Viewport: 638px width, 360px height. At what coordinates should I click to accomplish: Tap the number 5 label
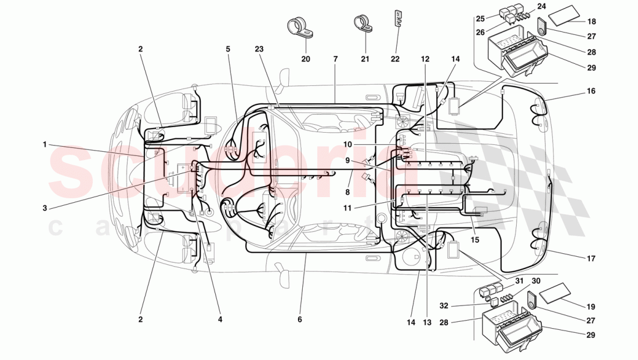tap(229, 49)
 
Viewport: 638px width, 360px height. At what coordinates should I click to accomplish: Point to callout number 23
tap(259, 49)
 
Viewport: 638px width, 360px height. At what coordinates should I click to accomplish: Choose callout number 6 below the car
tap(300, 319)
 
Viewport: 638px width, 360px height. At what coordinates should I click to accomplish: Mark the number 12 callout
tap(425, 59)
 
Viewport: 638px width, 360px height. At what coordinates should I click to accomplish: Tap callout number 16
tap(591, 91)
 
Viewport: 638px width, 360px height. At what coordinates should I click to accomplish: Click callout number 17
tap(591, 259)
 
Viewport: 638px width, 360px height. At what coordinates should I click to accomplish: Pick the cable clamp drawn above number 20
tap(299, 27)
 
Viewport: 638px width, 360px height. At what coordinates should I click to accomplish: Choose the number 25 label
tap(480, 19)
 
